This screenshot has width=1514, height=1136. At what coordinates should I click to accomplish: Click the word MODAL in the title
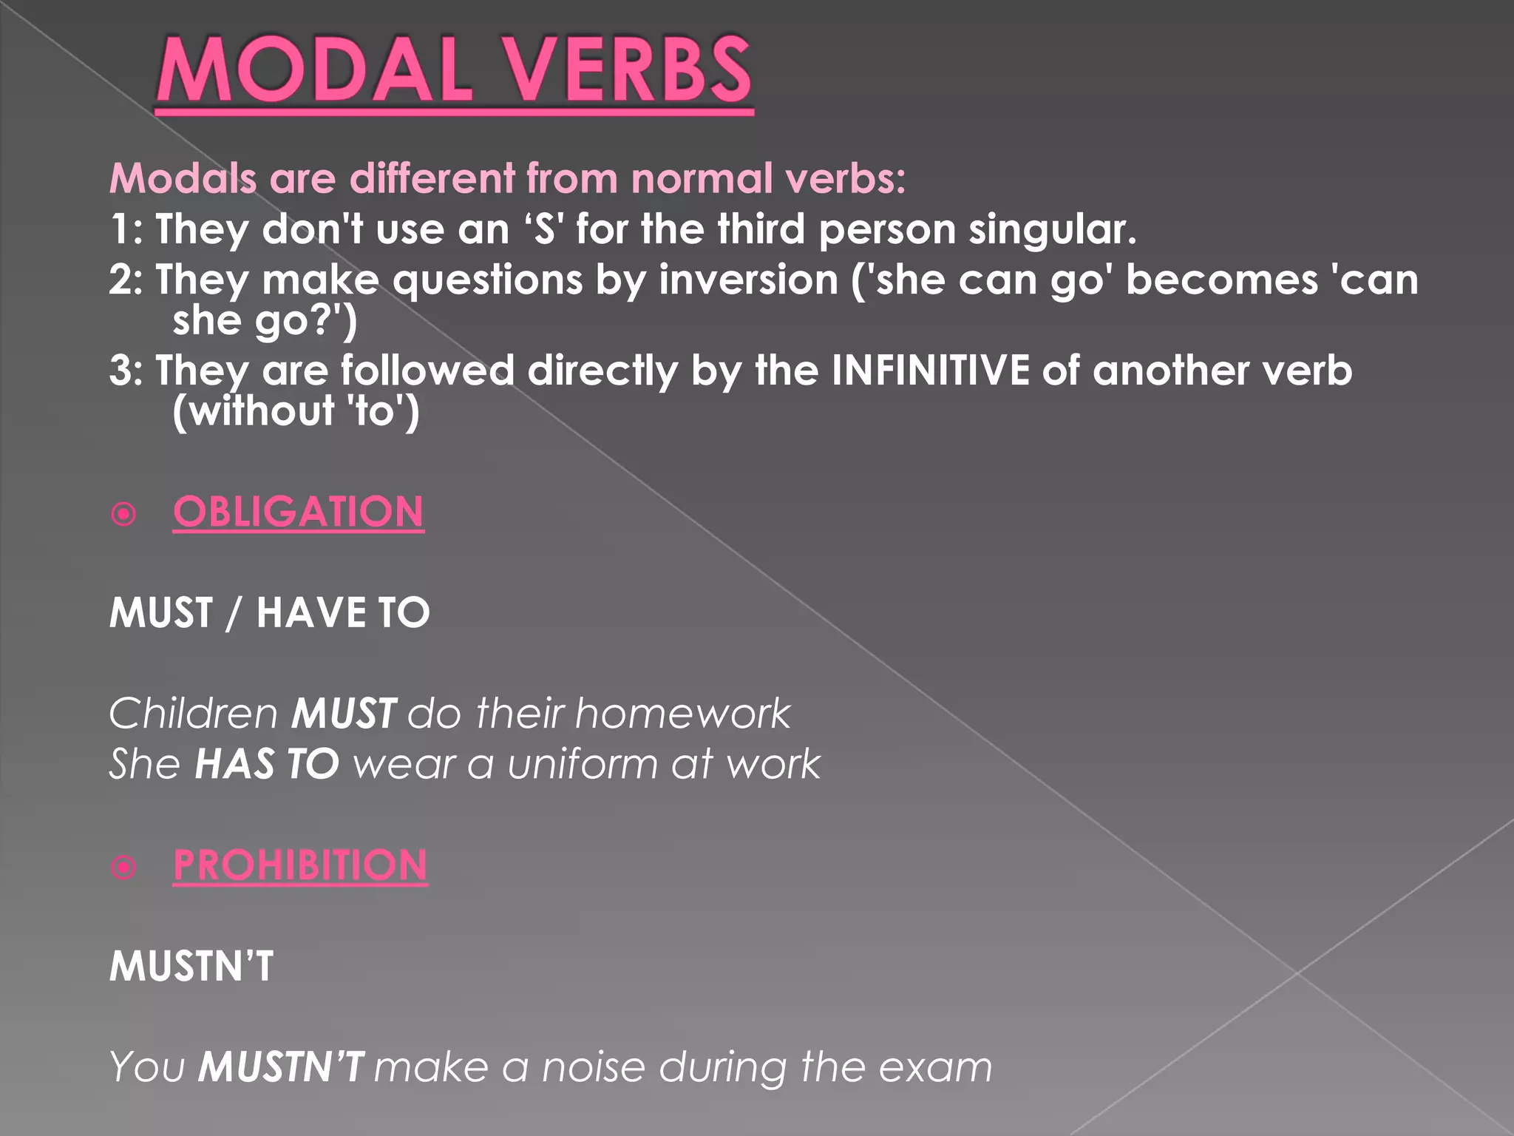313,71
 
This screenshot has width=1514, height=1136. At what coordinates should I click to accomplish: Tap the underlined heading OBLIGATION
298,512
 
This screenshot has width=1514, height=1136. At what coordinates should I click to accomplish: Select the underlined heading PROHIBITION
300,865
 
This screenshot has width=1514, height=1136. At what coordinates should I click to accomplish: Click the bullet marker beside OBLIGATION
123,513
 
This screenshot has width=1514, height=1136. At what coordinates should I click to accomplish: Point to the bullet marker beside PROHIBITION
123,867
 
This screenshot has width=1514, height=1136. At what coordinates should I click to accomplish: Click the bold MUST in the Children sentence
344,714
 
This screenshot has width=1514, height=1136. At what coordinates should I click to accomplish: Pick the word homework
682,714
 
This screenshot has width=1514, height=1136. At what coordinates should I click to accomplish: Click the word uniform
582,764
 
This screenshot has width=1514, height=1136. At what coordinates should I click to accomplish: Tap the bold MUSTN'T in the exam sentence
281,1067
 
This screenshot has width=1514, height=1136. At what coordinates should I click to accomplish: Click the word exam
935,1067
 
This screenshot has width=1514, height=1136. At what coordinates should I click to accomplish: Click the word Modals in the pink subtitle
183,179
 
